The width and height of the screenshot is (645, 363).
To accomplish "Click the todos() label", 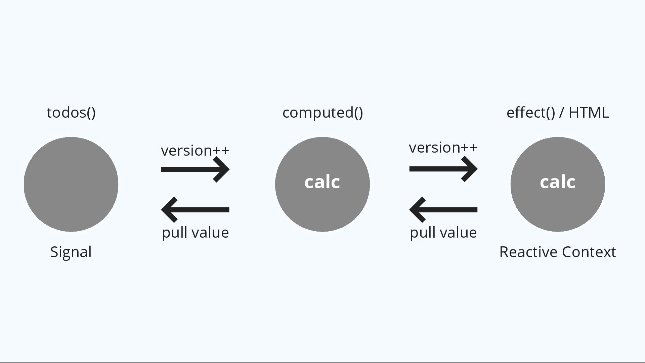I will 71,113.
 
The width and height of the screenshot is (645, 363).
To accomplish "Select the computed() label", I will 322,113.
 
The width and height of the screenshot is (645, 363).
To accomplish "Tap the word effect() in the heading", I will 530,113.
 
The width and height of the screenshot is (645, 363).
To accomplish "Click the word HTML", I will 589,113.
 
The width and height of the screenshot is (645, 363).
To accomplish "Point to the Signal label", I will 71,252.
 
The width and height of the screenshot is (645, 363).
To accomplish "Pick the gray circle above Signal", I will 71,184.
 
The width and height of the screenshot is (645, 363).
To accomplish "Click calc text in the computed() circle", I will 322,182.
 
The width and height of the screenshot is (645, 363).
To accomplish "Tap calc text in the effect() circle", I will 558,182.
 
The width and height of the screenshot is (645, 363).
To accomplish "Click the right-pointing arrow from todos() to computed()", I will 195,169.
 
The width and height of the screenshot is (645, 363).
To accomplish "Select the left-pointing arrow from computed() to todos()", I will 195,210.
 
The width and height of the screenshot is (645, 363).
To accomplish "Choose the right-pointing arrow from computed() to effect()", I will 443,169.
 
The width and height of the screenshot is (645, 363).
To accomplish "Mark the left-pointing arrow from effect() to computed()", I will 443,210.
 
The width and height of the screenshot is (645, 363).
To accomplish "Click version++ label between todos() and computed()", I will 195,151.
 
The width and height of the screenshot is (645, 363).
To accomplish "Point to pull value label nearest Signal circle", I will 195,233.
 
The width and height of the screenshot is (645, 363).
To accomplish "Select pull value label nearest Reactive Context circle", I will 443,233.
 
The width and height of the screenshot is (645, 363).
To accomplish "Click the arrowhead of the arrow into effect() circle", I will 470,169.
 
